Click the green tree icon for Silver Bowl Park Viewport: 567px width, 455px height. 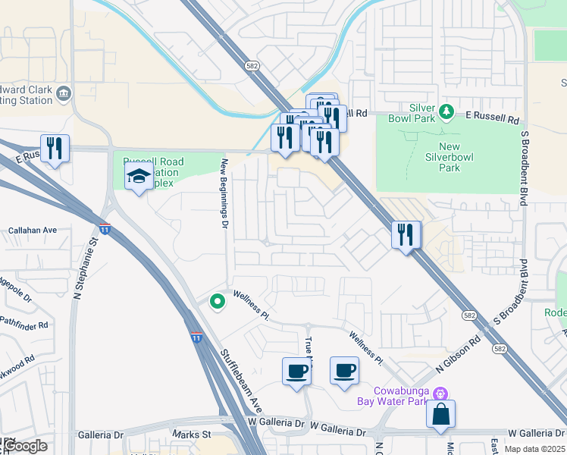pos(447,112)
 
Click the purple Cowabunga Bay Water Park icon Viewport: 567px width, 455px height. pos(440,393)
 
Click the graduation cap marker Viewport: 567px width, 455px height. pos(139,177)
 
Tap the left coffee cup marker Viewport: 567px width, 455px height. pos(296,372)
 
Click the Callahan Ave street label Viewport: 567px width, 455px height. pos(33,230)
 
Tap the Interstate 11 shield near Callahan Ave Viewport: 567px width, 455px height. pos(105,227)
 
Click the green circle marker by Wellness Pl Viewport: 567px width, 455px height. pos(218,302)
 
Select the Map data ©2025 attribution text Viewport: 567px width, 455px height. pos(534,449)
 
